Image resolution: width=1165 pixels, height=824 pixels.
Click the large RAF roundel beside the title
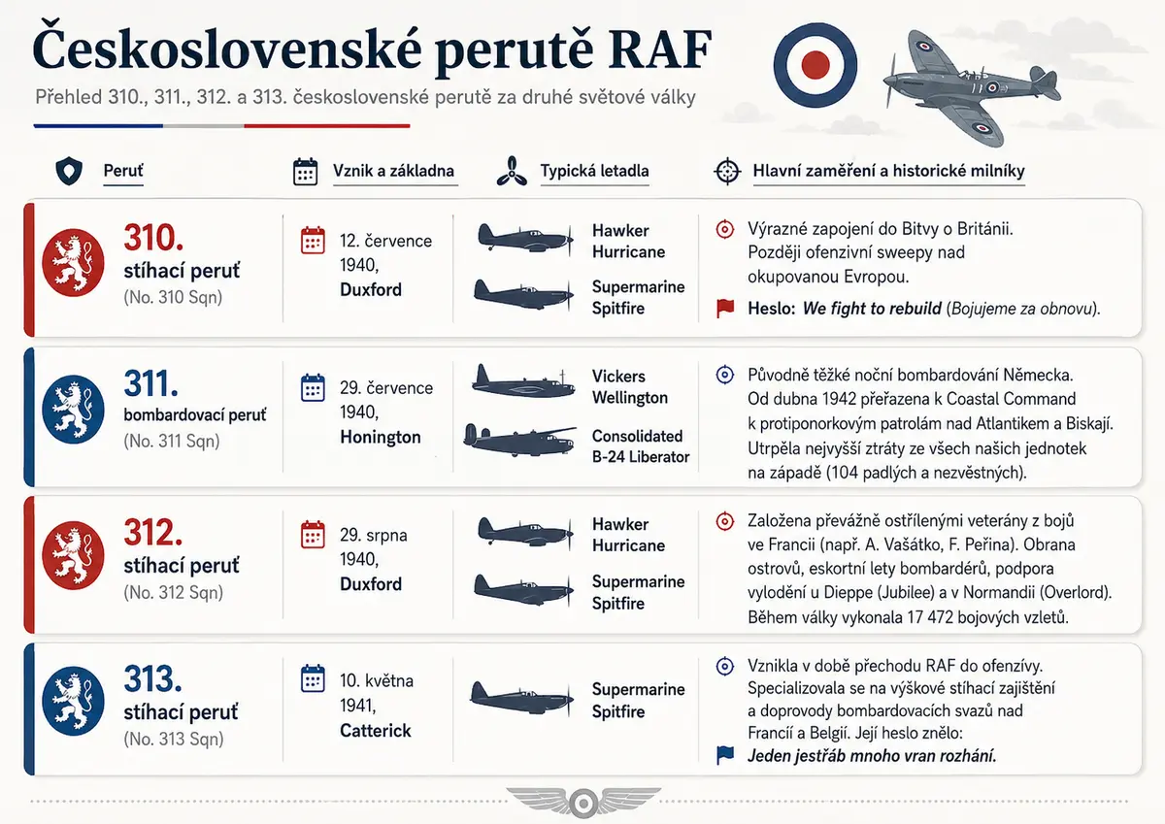(815, 65)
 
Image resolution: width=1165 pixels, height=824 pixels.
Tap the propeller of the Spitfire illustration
(890, 82)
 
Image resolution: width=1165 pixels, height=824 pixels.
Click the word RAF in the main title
(660, 49)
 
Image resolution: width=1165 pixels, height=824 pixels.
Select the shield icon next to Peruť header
(69, 171)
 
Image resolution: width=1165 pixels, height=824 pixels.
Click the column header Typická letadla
(594, 171)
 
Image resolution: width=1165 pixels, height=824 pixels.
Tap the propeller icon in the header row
(512, 171)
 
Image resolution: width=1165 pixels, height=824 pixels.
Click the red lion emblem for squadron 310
(73, 263)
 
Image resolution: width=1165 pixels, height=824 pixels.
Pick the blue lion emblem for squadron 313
(73, 701)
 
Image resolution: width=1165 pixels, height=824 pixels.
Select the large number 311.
(150, 383)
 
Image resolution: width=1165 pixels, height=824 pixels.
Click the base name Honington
(381, 437)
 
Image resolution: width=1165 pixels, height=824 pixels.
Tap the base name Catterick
(376, 731)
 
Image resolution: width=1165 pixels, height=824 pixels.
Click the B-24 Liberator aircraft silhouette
(520, 440)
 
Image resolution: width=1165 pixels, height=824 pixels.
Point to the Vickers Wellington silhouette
(523, 381)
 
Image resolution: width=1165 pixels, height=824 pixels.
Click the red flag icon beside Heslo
(725, 308)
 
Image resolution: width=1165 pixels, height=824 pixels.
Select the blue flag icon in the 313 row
(725, 755)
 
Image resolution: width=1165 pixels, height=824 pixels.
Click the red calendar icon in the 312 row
(313, 535)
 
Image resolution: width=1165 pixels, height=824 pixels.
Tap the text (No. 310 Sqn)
(173, 297)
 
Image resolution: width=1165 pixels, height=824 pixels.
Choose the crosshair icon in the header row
(727, 171)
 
